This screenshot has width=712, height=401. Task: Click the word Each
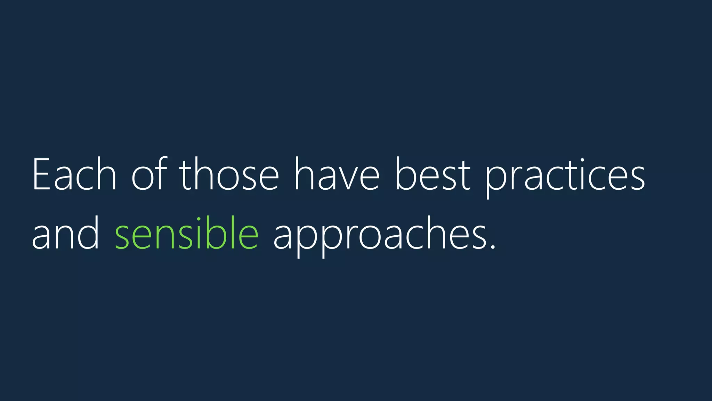(x=74, y=174)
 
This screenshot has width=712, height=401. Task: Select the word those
(x=229, y=174)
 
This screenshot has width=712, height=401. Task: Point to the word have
(x=337, y=174)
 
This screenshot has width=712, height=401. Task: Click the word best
(x=432, y=174)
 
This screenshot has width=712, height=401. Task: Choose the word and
(x=66, y=233)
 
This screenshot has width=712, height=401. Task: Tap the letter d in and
(x=90, y=233)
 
